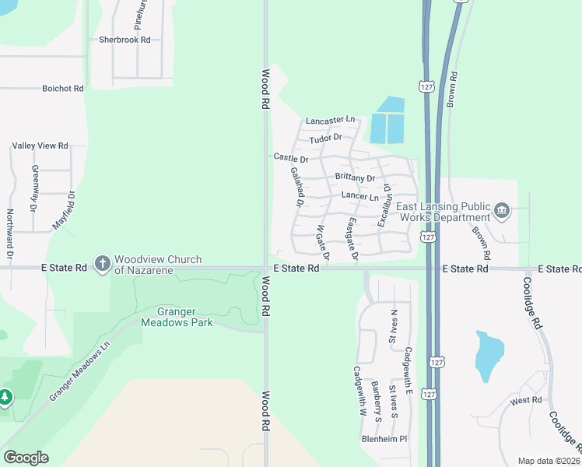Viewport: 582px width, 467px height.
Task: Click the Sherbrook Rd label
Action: pyautogui.click(x=124, y=39)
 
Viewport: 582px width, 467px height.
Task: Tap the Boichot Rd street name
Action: pyautogui.click(x=63, y=89)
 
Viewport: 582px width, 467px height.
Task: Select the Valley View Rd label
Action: pyautogui.click(x=40, y=146)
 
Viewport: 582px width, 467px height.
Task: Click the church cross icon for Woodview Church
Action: pyautogui.click(x=102, y=264)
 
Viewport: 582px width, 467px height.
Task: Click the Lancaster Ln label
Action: pyautogui.click(x=330, y=121)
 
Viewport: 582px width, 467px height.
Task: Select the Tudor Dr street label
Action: pyautogui.click(x=325, y=139)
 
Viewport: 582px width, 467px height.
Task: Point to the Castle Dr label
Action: pyautogui.click(x=291, y=157)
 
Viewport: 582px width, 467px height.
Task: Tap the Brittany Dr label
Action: pyautogui.click(x=355, y=177)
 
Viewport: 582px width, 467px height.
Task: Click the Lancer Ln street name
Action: pyautogui.click(x=359, y=198)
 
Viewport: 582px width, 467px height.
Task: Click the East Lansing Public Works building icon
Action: pyautogui.click(x=502, y=210)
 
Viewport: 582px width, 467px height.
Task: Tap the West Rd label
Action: pyautogui.click(x=526, y=400)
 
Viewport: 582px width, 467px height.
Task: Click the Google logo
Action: pyautogui.click(x=26, y=458)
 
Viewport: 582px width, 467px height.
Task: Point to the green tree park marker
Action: pyautogui.click(x=6, y=398)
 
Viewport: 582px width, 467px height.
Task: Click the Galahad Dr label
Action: pyautogui.click(x=296, y=188)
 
